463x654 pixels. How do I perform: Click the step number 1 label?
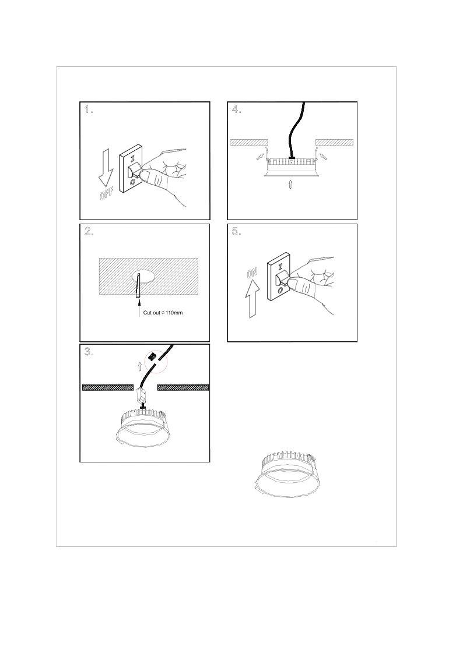pyautogui.click(x=89, y=109)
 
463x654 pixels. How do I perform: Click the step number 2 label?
pyautogui.click(x=89, y=231)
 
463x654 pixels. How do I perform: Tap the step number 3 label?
pyautogui.click(x=89, y=352)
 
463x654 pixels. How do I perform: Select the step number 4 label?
pyautogui.click(x=236, y=109)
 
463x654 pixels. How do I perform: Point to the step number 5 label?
pyautogui.click(x=236, y=231)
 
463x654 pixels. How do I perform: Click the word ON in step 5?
pyautogui.click(x=252, y=273)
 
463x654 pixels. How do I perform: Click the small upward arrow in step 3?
pyautogui.click(x=140, y=366)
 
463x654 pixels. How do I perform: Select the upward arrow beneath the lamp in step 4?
pyautogui.click(x=290, y=185)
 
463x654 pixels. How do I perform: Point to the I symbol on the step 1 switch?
pyautogui.click(x=132, y=159)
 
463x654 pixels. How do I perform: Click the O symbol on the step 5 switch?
pyautogui.click(x=280, y=290)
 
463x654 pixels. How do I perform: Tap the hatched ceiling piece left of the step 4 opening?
pyautogui.click(x=248, y=142)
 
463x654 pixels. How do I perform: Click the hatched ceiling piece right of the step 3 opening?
pyautogui.click(x=183, y=387)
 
